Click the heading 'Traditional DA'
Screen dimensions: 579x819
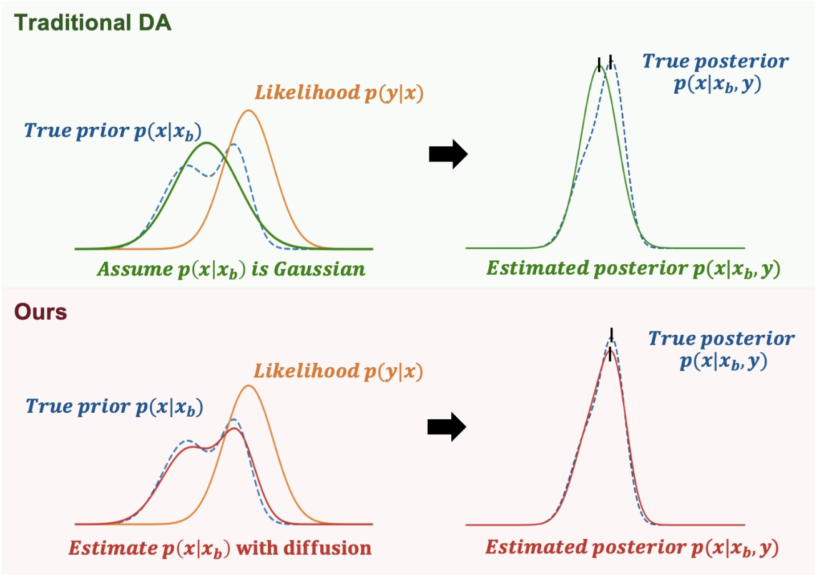[x=92, y=23]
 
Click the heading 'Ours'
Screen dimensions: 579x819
[x=40, y=312]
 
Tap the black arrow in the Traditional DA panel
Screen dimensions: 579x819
[x=448, y=154]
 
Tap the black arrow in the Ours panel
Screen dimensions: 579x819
[x=447, y=427]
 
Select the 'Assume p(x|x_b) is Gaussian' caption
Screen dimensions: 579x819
[x=231, y=270]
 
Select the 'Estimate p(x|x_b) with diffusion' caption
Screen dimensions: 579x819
[x=220, y=548]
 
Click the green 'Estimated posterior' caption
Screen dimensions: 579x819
[x=633, y=269]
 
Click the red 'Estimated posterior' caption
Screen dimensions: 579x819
[x=632, y=548]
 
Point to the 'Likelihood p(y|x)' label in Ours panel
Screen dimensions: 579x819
[x=338, y=372]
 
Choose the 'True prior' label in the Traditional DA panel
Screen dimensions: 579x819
[x=112, y=131]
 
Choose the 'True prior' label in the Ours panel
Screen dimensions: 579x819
[x=114, y=407]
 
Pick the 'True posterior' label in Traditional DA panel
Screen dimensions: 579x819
[x=716, y=72]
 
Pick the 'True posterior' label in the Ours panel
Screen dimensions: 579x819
[x=722, y=350]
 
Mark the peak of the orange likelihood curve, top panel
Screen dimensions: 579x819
[x=248, y=111]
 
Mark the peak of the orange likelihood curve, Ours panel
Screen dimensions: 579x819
[x=248, y=385]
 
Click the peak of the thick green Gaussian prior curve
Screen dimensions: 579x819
[x=207, y=143]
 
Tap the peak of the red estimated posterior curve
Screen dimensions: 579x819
[x=609, y=351]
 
